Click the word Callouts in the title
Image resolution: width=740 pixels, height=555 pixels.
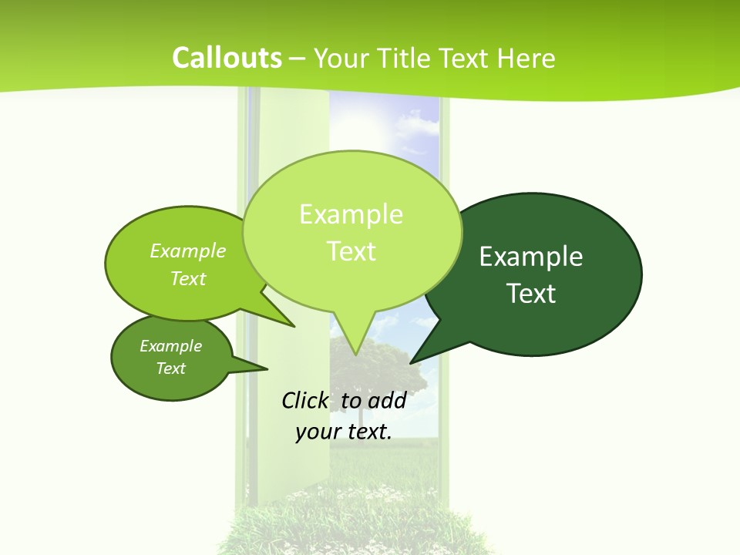click(x=227, y=58)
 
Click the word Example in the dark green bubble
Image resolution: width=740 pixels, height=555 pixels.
click(x=531, y=257)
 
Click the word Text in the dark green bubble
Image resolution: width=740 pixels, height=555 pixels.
click(x=531, y=294)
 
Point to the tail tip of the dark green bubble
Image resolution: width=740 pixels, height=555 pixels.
click(x=411, y=362)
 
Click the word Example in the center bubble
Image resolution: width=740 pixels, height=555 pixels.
click(x=351, y=214)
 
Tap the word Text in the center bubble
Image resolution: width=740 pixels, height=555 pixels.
click(x=351, y=251)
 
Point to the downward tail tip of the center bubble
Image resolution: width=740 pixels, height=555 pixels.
click(x=355, y=354)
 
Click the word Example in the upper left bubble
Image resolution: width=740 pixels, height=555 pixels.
click(x=188, y=251)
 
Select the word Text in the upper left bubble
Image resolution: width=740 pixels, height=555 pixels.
click(x=188, y=278)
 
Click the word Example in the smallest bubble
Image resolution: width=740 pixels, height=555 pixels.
click(x=171, y=346)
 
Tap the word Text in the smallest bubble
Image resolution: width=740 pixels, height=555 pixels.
click(x=171, y=368)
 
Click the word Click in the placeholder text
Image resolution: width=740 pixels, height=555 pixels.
click(x=304, y=400)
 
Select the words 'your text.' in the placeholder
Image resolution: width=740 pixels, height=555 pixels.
click(x=344, y=432)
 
